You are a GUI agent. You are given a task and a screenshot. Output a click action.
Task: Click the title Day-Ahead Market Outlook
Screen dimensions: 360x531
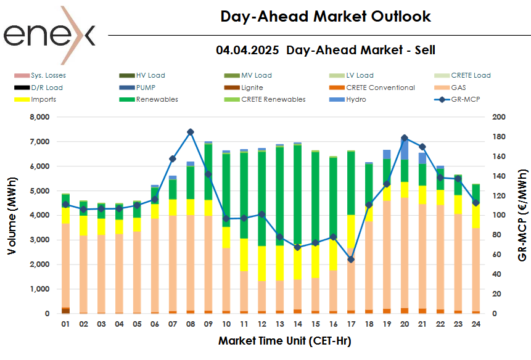[x=326, y=17]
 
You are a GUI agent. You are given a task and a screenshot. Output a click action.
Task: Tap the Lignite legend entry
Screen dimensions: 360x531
[x=252, y=88]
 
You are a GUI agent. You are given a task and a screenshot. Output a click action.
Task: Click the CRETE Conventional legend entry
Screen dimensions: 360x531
[x=381, y=88]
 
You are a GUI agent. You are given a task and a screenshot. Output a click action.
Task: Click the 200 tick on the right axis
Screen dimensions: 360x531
[x=499, y=117]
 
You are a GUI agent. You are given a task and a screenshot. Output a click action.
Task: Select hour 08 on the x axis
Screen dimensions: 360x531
[x=191, y=324]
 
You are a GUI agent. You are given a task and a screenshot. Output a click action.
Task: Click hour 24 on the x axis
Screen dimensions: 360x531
[x=475, y=324]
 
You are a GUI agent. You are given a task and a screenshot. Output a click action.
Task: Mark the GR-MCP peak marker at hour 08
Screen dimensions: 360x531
[x=191, y=132]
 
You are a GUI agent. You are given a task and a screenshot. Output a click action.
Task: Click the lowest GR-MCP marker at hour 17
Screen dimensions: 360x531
[x=350, y=260]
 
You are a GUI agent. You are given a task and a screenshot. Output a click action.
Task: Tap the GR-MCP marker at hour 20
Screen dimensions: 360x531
[x=405, y=138]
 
